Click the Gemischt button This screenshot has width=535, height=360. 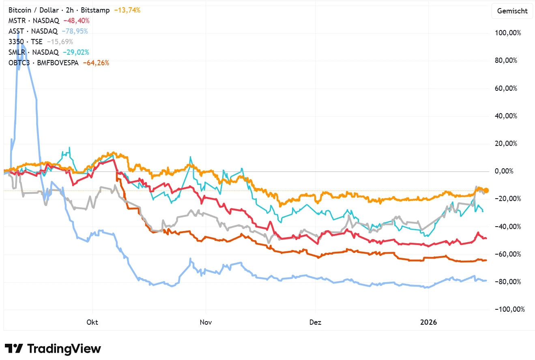tap(513, 11)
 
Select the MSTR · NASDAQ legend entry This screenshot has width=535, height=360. tap(34, 21)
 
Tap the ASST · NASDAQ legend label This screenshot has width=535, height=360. tap(33, 31)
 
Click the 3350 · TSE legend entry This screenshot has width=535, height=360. tap(25, 42)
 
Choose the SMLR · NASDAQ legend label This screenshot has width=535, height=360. tap(33, 52)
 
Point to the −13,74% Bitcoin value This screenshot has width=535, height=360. tap(127, 10)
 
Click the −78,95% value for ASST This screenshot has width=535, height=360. tap(75, 31)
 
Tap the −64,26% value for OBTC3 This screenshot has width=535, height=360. tap(96, 63)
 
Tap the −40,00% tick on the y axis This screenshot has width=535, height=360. tap(507, 226)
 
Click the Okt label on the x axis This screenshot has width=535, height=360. tap(92, 322)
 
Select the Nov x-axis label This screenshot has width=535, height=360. tap(206, 322)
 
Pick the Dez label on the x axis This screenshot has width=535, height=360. tap(315, 322)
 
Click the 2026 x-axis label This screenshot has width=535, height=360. tap(428, 322)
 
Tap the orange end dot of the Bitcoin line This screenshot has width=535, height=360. tap(486, 190)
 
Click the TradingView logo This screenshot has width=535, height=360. tap(53, 348)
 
